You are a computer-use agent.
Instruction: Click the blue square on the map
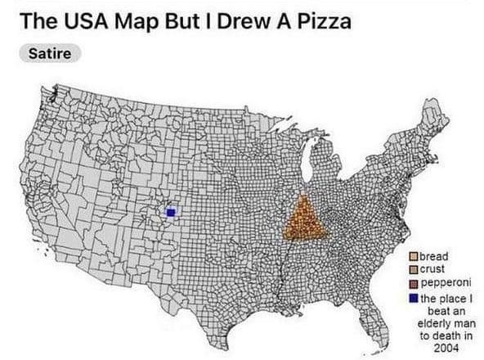tap(171, 212)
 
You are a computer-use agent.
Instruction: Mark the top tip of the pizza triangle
tap(303, 196)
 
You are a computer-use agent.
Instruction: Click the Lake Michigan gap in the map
tap(310, 168)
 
